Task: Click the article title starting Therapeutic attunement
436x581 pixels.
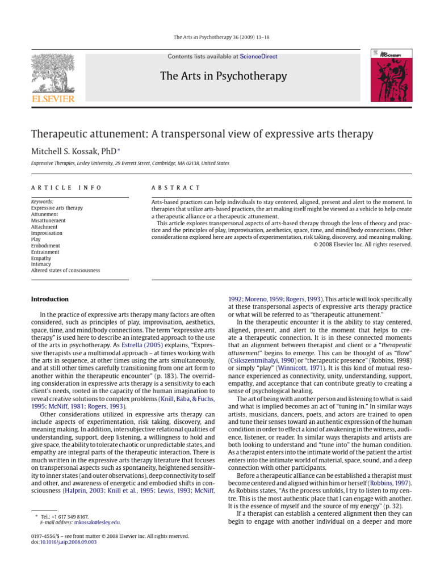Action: pyautogui.click(x=202, y=134)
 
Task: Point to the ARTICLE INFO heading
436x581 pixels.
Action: pyautogui.click(x=66, y=188)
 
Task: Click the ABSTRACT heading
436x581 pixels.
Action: pyautogui.click(x=175, y=188)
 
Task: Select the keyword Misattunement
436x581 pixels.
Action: pyautogui.click(x=48, y=221)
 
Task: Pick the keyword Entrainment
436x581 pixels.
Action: pyautogui.click(x=45, y=252)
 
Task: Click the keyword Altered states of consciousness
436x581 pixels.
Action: pyautogui.click(x=65, y=271)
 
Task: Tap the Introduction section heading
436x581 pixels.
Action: pyautogui.click(x=49, y=299)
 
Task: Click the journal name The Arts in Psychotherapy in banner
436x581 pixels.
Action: pyautogui.click(x=223, y=76)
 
